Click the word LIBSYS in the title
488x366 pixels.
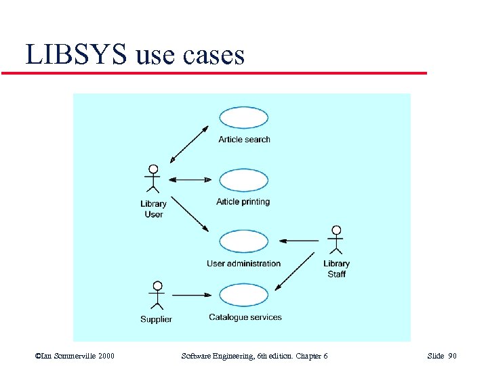tap(76, 55)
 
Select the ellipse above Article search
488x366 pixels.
tap(244, 118)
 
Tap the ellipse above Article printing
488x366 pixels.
tap(244, 180)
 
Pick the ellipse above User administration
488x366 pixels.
tap(244, 241)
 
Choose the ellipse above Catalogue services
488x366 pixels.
tap(244, 295)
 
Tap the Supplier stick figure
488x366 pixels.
tap(157, 295)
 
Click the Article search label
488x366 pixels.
tap(244, 140)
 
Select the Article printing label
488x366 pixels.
tap(243, 202)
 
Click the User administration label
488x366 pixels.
tap(244, 264)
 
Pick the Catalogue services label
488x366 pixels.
tap(245, 317)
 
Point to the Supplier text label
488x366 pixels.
tap(156, 319)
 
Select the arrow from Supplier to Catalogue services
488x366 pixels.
tap(192, 295)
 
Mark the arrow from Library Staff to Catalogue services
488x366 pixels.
tap(299, 272)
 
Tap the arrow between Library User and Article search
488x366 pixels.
tap(189, 144)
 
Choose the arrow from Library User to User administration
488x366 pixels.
tap(189, 214)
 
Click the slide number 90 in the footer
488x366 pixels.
tap(452, 356)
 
